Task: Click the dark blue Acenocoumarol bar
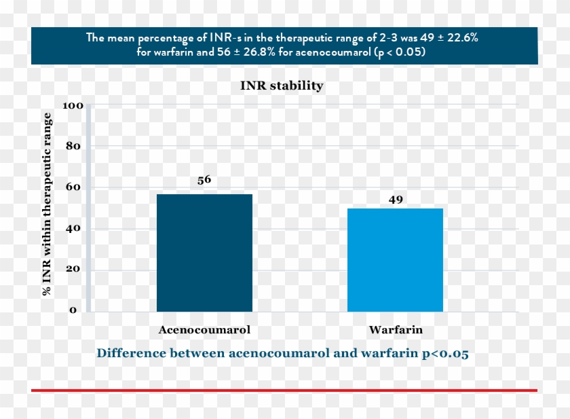(x=204, y=253)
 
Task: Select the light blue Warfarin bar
(x=395, y=260)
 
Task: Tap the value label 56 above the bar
(x=204, y=180)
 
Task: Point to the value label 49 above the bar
(x=396, y=200)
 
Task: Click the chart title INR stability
(x=282, y=86)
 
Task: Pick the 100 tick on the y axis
(x=73, y=106)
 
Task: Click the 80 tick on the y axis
(x=73, y=147)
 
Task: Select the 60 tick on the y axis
(x=73, y=187)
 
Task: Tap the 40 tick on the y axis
(x=73, y=229)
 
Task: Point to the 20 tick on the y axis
(x=73, y=270)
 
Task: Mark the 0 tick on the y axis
(x=74, y=310)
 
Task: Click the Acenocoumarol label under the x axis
(x=204, y=330)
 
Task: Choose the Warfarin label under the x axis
(x=396, y=330)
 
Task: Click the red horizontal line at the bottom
(x=284, y=390)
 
